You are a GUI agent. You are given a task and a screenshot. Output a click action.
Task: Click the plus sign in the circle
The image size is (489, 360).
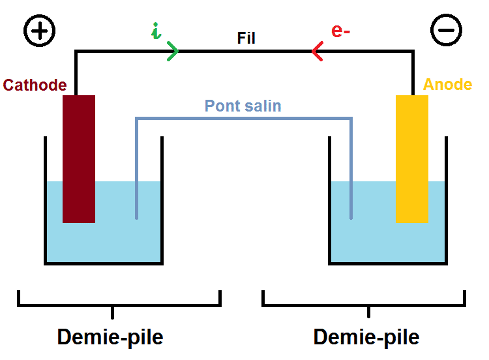(x=40, y=30)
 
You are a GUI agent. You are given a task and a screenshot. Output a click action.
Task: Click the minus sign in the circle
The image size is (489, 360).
(x=447, y=30)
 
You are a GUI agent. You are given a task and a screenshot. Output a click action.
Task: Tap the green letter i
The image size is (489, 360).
(x=156, y=32)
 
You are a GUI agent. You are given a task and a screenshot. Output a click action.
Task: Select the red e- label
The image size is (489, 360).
(x=341, y=31)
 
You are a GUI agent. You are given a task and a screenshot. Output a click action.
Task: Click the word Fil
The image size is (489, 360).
(x=246, y=38)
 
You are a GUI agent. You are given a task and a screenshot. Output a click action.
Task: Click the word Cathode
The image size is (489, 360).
(x=35, y=85)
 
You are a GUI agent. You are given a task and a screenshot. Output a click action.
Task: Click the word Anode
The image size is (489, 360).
(x=447, y=85)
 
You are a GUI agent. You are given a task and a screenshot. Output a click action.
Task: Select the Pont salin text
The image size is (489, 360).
(x=243, y=106)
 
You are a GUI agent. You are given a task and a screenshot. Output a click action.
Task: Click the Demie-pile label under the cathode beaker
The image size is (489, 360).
(x=110, y=337)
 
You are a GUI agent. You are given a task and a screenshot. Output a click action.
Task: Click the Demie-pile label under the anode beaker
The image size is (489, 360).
(x=366, y=337)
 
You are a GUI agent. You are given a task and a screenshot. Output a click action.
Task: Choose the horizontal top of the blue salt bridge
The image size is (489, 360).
(x=243, y=118)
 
